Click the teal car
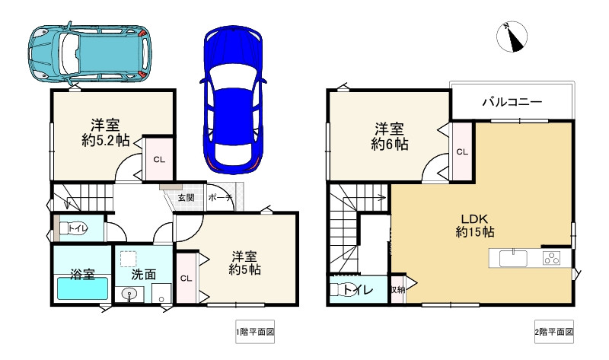pyautogui.click(x=90, y=53)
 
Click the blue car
pyautogui.click(x=233, y=100)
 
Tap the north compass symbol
pyautogui.click(x=512, y=37)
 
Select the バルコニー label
pyautogui.click(x=512, y=102)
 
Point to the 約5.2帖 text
pyautogui.click(x=106, y=140)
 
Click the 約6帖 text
pyautogui.click(x=389, y=144)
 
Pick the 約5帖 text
pyautogui.click(x=244, y=269)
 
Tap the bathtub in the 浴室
pyautogui.click(x=83, y=288)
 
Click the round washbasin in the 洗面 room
pyautogui.click(x=129, y=294)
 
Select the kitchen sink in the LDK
pyautogui.click(x=513, y=259)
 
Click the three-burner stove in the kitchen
pyautogui.click(x=551, y=258)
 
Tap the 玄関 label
pyautogui.click(x=186, y=198)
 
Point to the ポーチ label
pyautogui.click(x=220, y=198)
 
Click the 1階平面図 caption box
pyautogui.click(x=255, y=332)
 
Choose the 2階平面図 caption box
pyautogui.click(x=554, y=332)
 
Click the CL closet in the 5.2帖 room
pyautogui.click(x=159, y=158)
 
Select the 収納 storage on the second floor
pyautogui.click(x=397, y=289)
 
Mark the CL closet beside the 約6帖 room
pyautogui.click(x=462, y=151)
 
